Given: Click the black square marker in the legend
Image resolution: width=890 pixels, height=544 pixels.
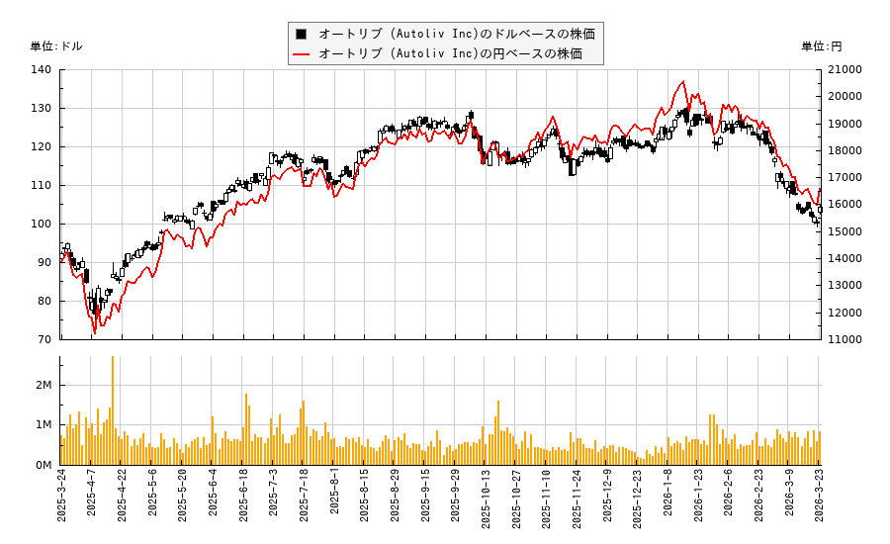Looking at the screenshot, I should [x=301, y=34].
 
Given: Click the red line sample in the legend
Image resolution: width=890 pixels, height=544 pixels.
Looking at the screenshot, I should [x=301, y=53].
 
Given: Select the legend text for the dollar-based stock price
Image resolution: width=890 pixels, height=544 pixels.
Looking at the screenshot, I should [x=457, y=34].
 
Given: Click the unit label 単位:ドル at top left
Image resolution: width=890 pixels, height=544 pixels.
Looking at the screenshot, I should [x=56, y=46].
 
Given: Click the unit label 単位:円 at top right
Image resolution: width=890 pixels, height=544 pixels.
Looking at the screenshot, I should [x=822, y=46].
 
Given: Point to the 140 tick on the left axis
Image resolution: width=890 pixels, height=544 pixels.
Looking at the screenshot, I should [x=42, y=69].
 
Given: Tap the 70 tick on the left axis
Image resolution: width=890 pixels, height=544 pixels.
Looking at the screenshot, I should [x=45, y=339].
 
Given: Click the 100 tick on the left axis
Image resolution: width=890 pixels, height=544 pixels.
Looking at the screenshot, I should [x=42, y=224].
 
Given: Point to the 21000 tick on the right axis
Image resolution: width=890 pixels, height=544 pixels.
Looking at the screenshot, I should [x=845, y=69].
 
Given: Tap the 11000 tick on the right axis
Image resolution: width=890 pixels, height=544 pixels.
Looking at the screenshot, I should [x=845, y=339].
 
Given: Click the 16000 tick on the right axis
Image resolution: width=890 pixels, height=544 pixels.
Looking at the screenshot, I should [x=845, y=205].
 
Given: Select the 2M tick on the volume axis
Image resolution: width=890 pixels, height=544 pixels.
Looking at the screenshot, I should [x=44, y=385].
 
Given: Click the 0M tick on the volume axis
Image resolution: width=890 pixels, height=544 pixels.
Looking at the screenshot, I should [x=44, y=465].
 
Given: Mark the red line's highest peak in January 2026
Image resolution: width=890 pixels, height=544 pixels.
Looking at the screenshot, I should [x=682, y=81].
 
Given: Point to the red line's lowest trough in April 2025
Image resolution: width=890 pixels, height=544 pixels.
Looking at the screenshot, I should [x=95, y=332].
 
